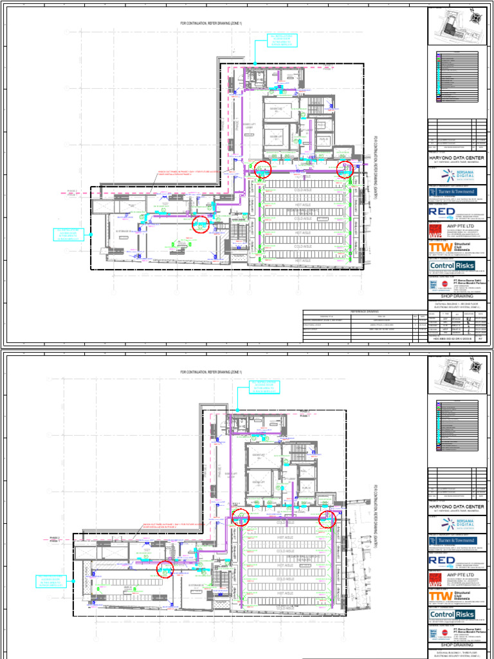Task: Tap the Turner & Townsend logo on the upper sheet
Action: point(455,192)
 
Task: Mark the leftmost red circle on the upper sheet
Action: point(201,224)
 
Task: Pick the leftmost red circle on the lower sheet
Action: point(165,569)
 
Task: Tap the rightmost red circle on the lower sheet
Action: point(328,519)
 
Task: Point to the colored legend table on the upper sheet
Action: point(458,77)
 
